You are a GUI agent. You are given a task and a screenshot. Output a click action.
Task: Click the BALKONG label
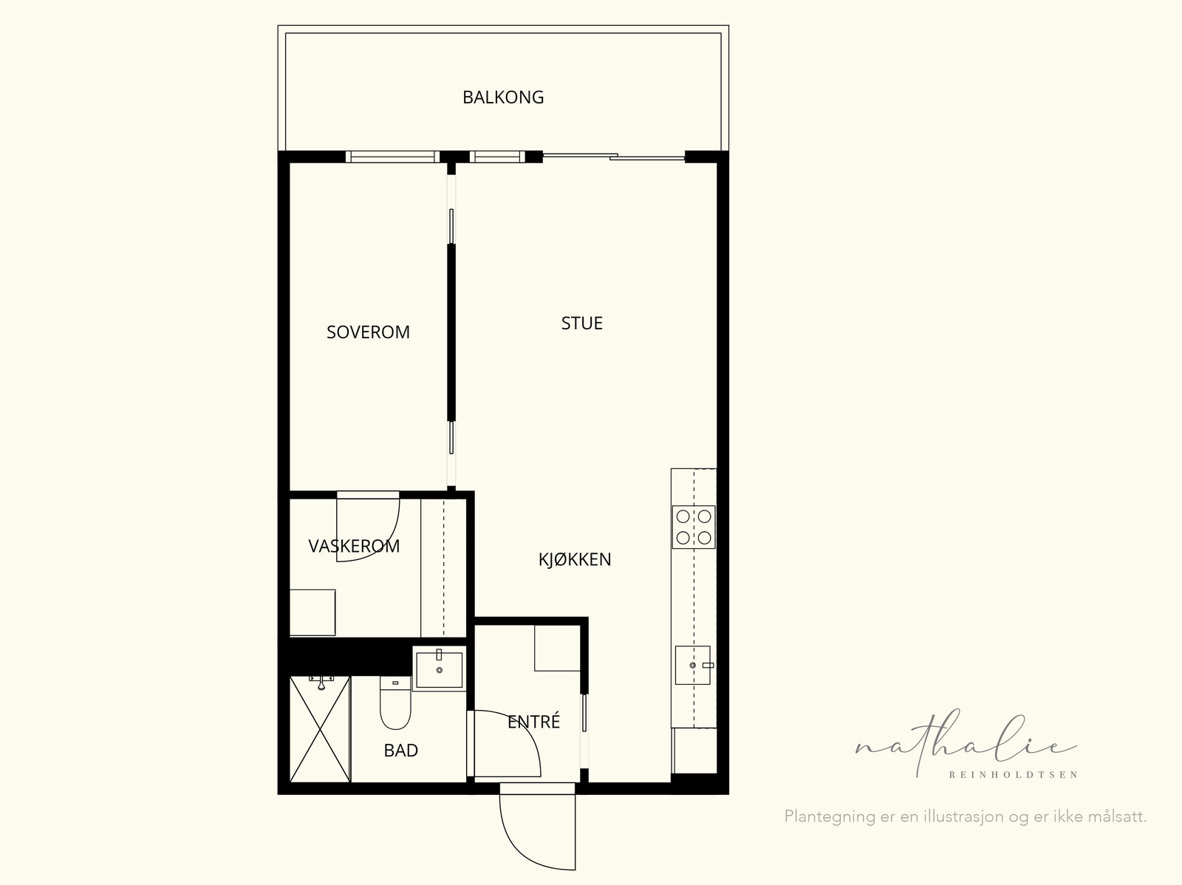503,98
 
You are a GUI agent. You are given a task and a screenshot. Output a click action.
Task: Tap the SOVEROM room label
369,332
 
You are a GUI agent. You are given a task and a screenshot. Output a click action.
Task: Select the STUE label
581,323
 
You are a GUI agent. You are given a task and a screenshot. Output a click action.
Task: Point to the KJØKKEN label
575,559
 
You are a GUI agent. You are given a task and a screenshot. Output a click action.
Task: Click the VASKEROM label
354,547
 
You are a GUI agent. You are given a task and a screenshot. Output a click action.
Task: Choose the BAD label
400,751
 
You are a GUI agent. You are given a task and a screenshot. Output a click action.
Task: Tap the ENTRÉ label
533,721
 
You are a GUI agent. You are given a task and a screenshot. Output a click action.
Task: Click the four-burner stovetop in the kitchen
694,527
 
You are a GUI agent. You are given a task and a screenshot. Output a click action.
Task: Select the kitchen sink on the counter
693,666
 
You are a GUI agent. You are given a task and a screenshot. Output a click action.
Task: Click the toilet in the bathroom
395,703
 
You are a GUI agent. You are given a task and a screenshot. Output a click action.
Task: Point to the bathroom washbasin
439,669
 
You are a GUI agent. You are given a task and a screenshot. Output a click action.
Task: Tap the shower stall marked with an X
320,729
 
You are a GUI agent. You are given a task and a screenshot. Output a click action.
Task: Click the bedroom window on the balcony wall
392,157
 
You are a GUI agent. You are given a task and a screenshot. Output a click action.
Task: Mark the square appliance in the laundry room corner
312,612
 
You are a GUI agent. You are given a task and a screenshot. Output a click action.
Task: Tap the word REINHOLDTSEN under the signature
1014,775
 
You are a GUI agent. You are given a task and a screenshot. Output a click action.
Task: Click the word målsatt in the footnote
1117,816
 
